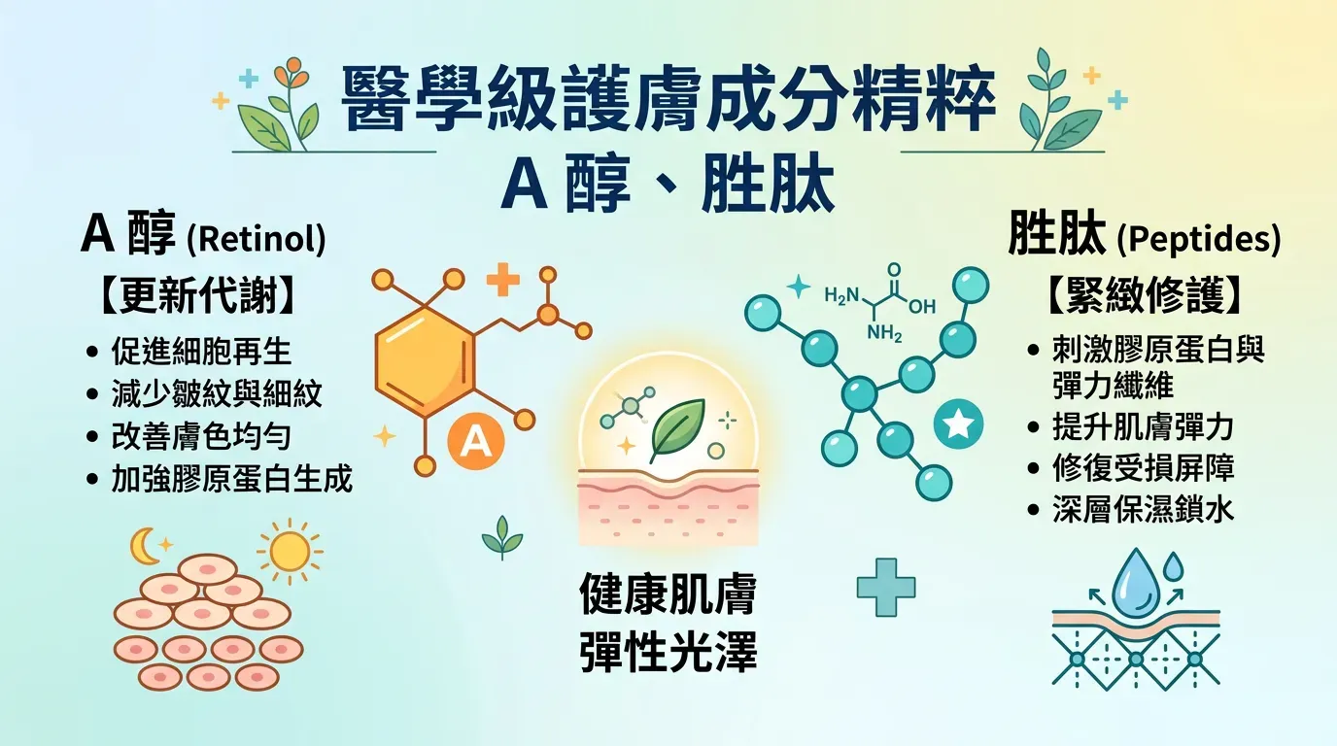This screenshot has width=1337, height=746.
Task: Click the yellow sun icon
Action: point(289,551)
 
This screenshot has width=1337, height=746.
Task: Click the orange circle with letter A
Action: point(475,441)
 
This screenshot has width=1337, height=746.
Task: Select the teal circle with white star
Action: point(958,424)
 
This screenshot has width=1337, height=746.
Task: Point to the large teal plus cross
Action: point(886,586)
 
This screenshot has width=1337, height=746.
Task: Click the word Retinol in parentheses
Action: point(256,239)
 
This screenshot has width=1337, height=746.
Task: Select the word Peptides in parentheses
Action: point(1198,239)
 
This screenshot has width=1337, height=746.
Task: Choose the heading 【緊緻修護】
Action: point(1145,297)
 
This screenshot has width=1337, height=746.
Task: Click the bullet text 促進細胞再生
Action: point(201,352)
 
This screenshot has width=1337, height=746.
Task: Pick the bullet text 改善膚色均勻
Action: point(201,436)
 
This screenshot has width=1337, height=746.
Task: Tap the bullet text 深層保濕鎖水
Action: point(1143,509)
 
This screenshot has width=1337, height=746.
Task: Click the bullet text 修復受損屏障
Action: point(1143,467)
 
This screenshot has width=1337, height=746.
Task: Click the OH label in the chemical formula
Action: point(921,306)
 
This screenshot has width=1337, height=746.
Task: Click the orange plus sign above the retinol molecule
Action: point(502,279)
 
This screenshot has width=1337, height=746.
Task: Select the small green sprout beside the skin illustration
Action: point(501,537)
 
